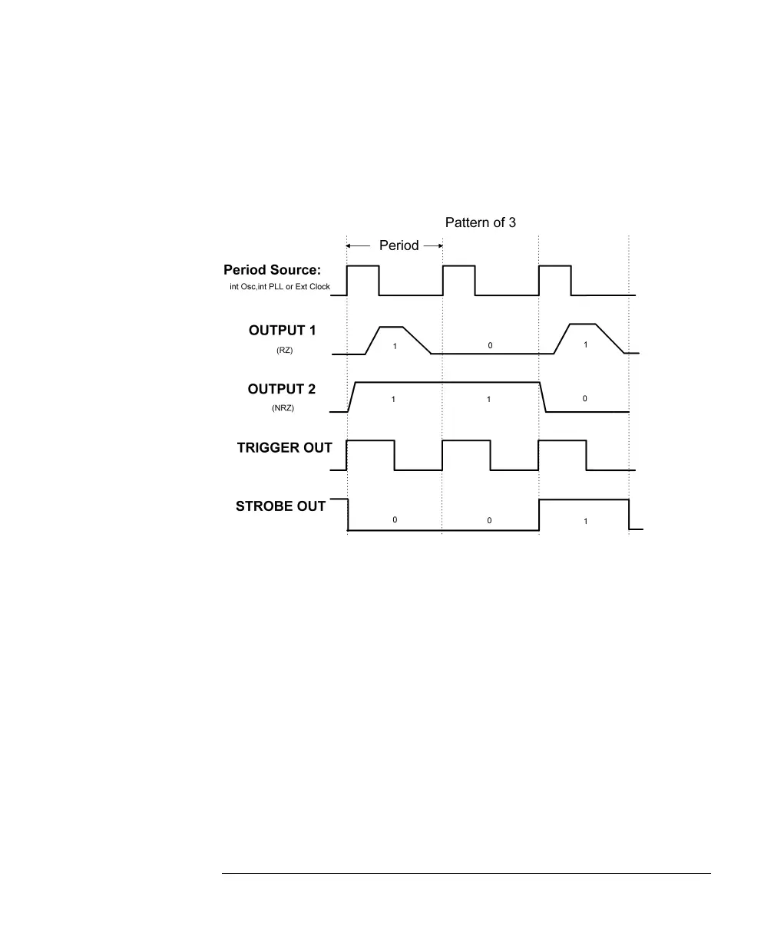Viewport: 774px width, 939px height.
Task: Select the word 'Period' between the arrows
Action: tap(399, 245)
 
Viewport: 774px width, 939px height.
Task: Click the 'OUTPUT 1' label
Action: tap(282, 330)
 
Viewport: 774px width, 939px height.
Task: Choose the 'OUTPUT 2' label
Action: tap(282, 390)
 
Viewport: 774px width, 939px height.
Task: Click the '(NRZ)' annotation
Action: tap(283, 408)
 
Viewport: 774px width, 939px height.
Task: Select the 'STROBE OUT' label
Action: tap(281, 506)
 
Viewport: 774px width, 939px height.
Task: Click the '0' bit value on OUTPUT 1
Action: tap(490, 346)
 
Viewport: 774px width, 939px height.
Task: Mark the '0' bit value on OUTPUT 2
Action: tap(584, 399)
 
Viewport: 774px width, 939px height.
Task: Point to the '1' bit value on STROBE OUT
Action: tap(585, 521)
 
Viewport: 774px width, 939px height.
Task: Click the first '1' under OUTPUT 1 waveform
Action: tap(395, 347)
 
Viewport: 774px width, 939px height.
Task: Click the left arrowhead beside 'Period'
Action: tap(349, 245)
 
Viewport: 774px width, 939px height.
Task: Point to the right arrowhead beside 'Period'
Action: tap(440, 245)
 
